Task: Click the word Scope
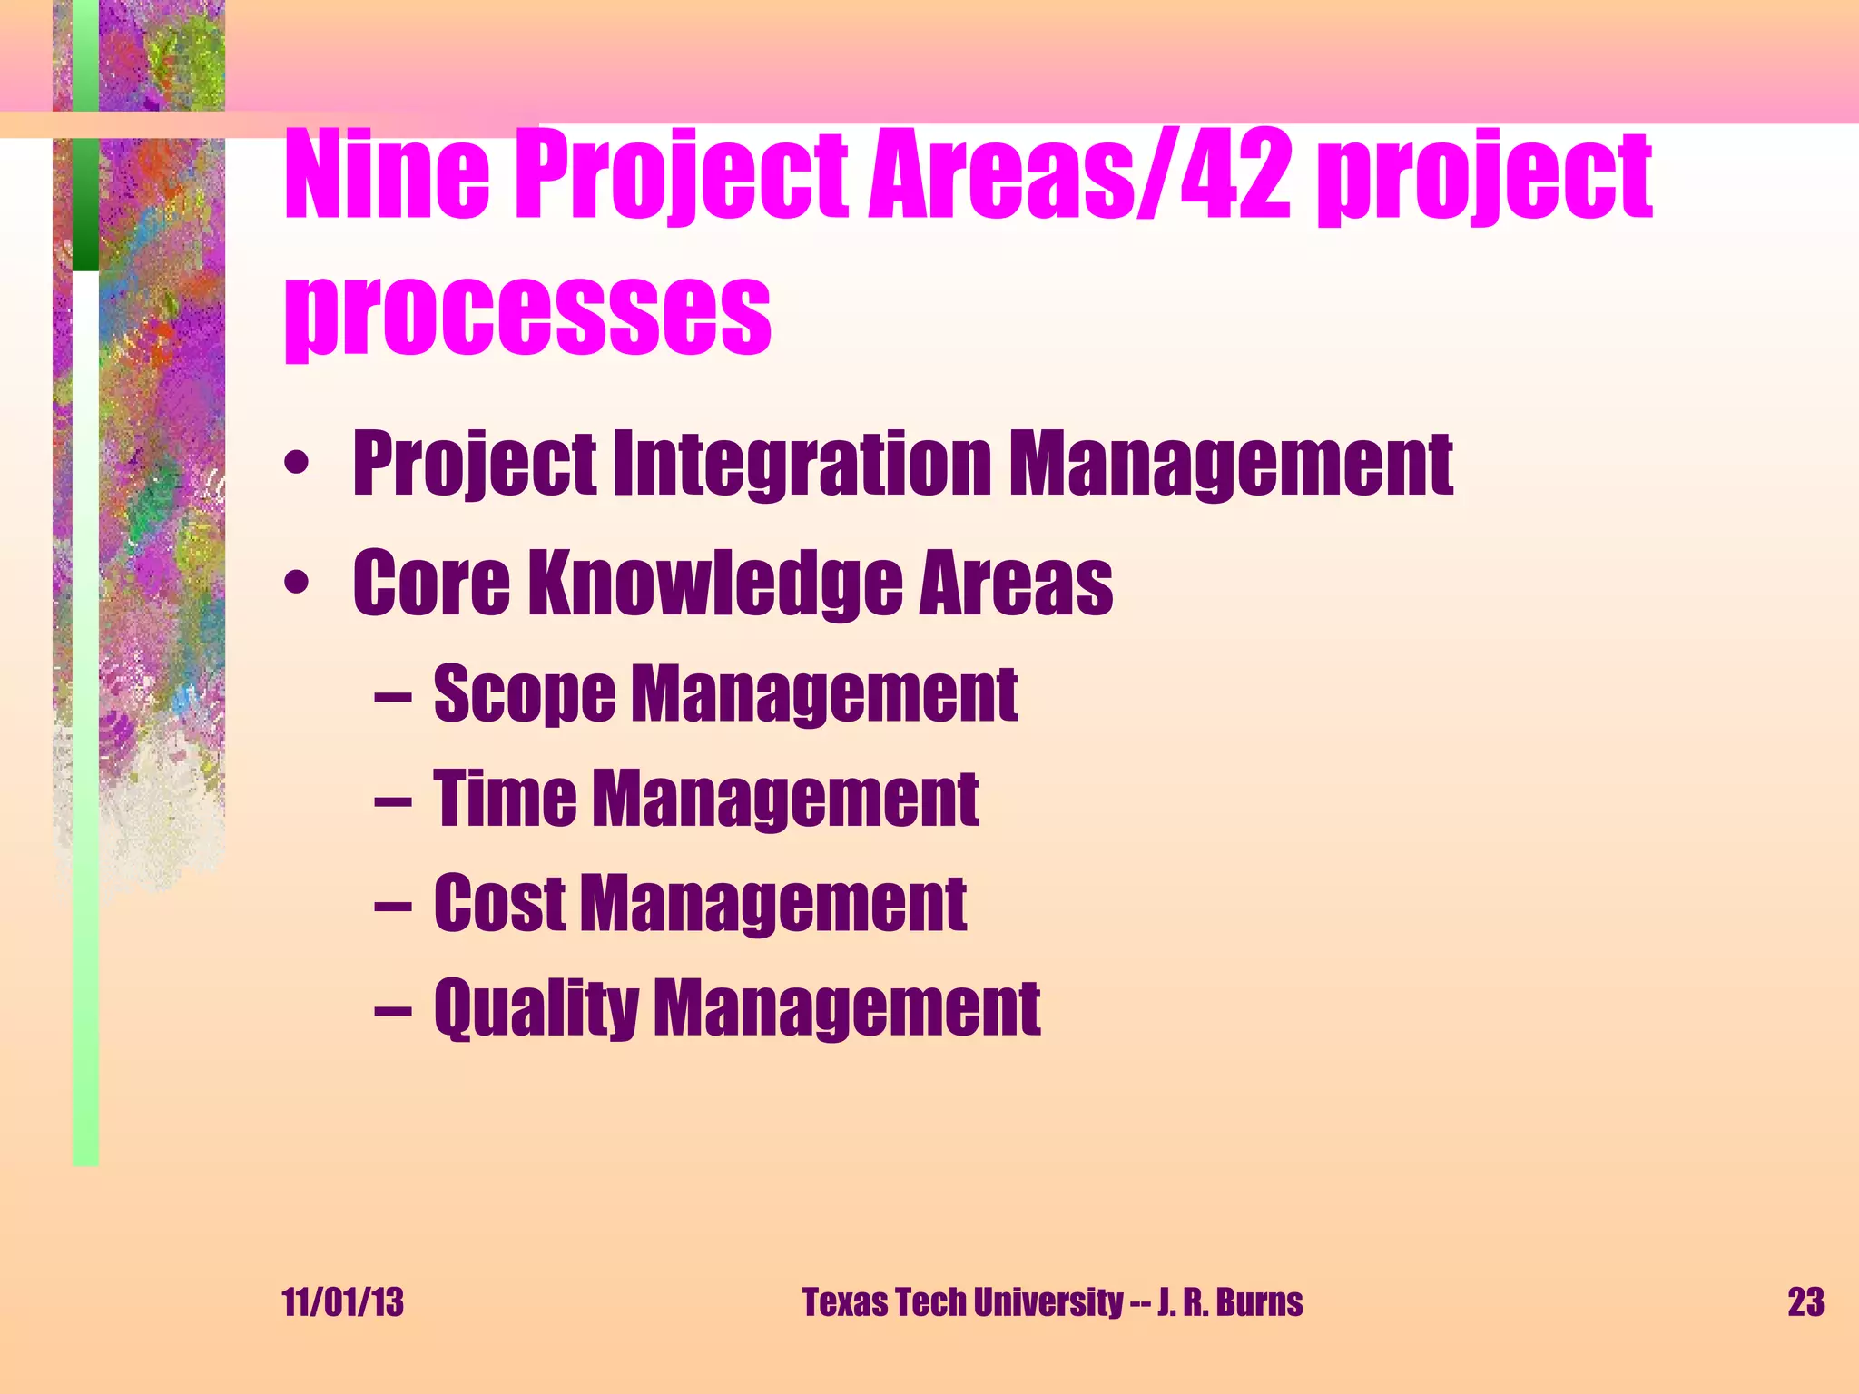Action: pos(525,694)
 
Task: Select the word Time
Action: pos(505,799)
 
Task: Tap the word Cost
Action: pos(499,903)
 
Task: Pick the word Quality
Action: pos(536,1007)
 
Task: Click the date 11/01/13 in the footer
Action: pos(343,1302)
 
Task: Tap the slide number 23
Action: pos(1805,1302)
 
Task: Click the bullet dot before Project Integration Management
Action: pos(295,466)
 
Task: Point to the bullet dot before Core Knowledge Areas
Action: pos(295,584)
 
